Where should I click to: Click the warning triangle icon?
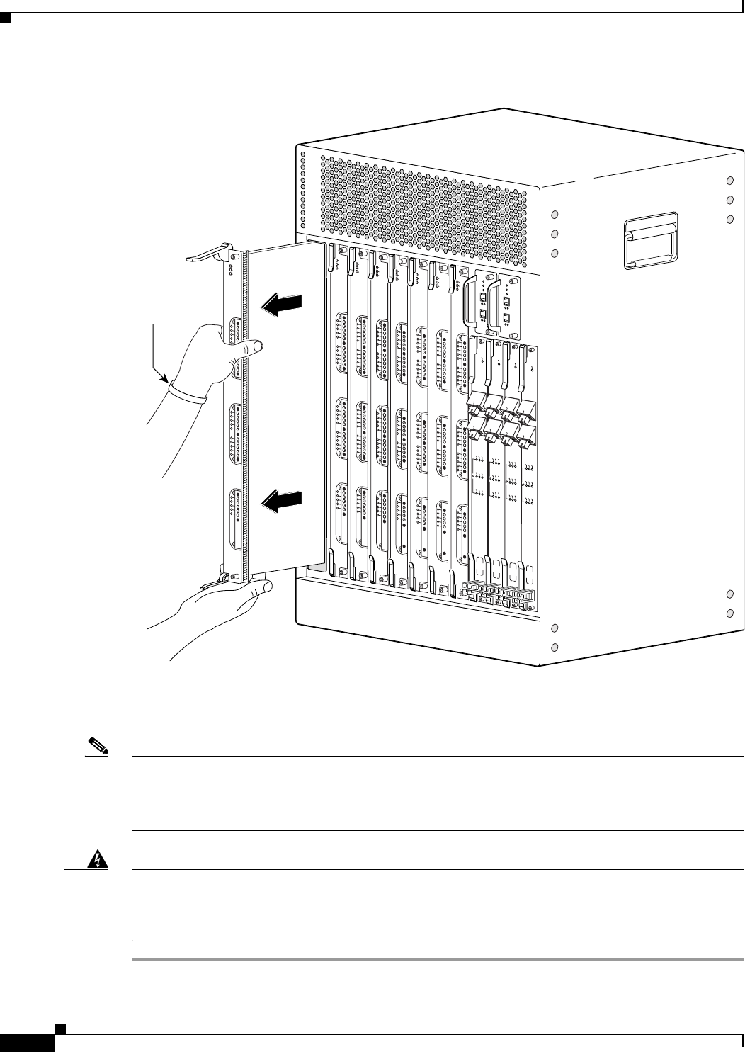click(92, 859)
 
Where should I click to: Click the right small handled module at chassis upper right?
click(508, 303)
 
